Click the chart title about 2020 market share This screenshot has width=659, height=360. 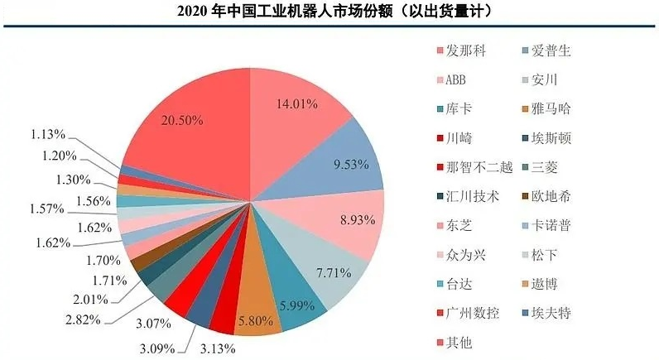[329, 12]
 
